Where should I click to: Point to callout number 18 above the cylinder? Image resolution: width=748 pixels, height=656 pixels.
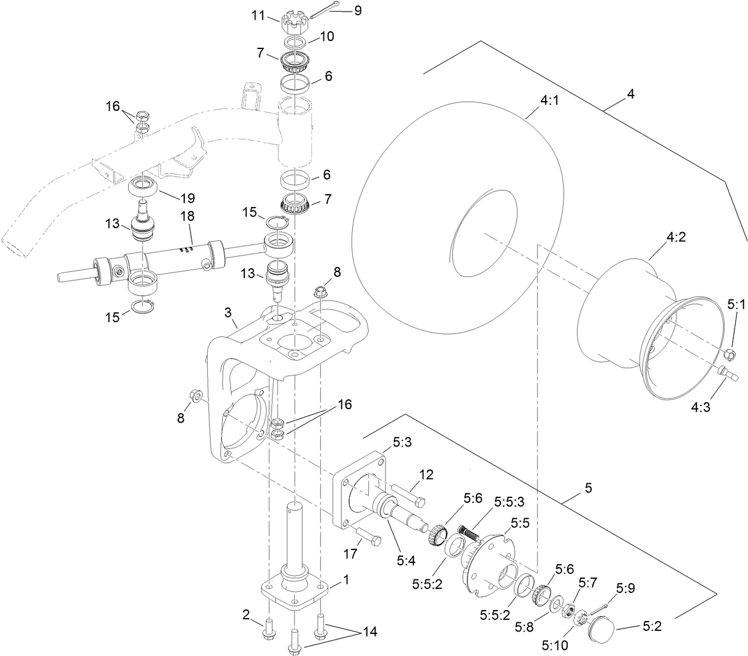[x=187, y=217]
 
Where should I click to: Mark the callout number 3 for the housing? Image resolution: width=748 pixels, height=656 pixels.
[x=228, y=313]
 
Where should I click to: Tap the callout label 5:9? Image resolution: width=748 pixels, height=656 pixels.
[x=625, y=589]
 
